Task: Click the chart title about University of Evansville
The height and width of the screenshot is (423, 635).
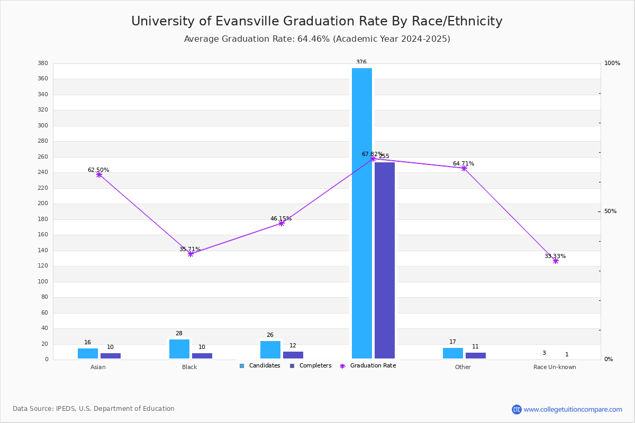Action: pos(316,21)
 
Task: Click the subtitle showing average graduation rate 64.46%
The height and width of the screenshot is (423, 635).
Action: pos(316,39)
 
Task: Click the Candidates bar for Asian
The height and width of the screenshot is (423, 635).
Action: pos(88,353)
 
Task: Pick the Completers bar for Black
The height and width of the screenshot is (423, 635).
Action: pos(202,356)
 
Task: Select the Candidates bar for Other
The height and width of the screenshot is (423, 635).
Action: pos(452,353)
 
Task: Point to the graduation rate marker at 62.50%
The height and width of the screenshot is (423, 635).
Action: pos(99,174)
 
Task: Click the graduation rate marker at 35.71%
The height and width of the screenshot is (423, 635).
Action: pos(190,254)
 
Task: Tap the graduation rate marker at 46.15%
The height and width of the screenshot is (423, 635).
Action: pos(282,223)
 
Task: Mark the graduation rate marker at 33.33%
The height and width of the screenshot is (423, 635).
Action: pos(556,261)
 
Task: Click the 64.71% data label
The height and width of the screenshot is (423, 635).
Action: pos(463,163)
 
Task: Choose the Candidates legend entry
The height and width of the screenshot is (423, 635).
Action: pos(260,366)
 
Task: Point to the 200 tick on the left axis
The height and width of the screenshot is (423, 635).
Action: pos(43,204)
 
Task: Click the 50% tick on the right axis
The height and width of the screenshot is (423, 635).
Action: pos(610,212)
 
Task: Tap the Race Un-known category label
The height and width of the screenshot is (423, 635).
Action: pos(555,367)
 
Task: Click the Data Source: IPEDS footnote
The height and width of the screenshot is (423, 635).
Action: pos(94,409)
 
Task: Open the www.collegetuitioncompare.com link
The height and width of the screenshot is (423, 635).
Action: pos(573,409)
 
